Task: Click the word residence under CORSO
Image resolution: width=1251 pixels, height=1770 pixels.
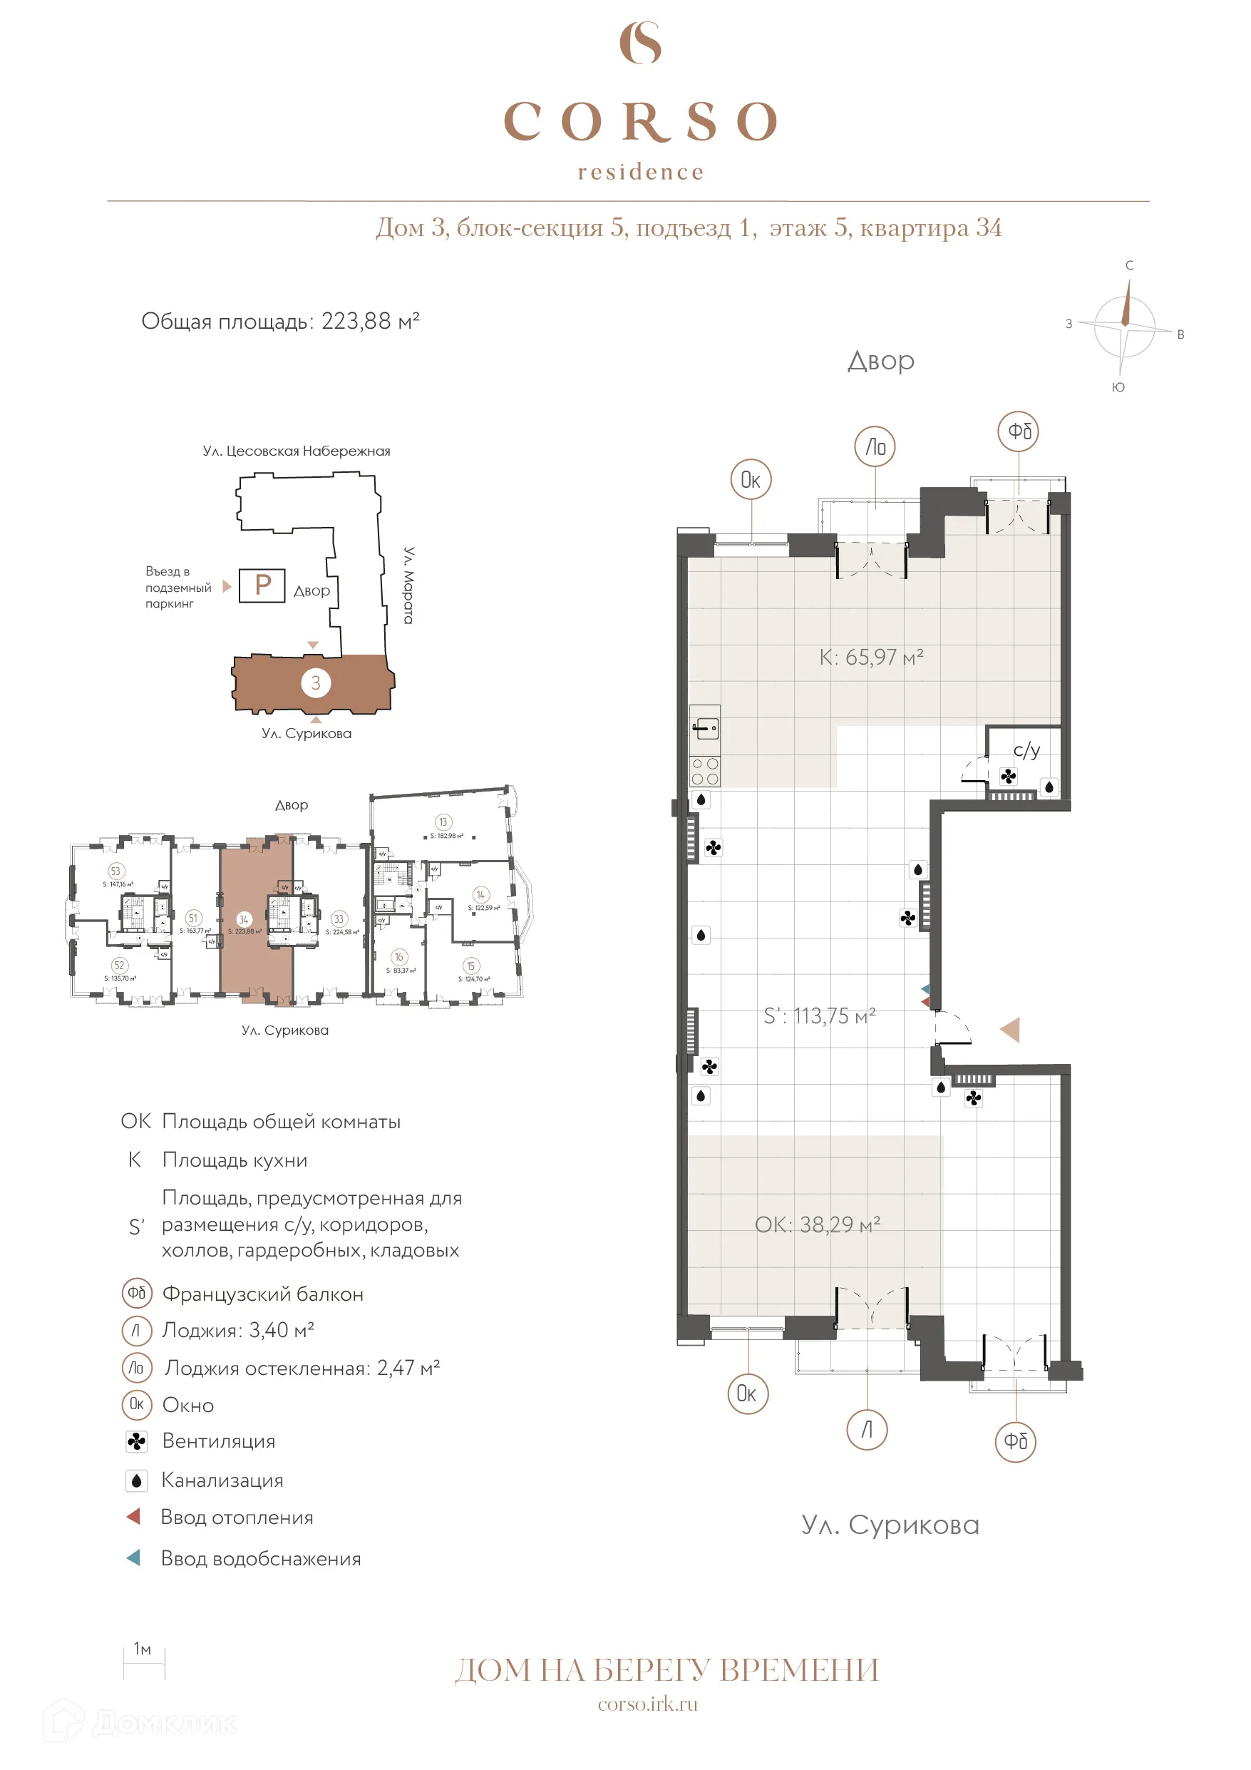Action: (641, 172)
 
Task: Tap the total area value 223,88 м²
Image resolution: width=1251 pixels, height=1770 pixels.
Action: (370, 321)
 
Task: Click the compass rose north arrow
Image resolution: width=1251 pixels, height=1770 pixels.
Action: (1126, 303)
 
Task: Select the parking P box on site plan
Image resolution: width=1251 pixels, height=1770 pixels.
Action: (262, 585)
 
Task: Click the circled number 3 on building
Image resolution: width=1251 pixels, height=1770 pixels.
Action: (315, 682)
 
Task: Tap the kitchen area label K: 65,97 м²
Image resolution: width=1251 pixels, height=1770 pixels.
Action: (871, 657)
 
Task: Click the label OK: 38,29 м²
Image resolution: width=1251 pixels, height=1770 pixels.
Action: (817, 1224)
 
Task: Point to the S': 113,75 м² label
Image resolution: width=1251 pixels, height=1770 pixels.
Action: (818, 1016)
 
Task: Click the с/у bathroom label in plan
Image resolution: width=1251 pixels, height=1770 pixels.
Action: (1026, 750)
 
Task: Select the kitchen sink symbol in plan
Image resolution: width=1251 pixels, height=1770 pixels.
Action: (705, 726)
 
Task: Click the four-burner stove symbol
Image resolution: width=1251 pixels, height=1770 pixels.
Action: (705, 771)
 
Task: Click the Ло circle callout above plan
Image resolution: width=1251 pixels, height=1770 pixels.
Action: (875, 446)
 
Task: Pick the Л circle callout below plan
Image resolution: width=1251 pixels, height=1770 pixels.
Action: (867, 1429)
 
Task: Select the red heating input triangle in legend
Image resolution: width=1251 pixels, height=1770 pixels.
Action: (133, 1516)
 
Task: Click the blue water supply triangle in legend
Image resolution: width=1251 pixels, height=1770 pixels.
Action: (133, 1558)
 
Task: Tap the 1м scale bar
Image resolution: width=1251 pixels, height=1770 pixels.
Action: (144, 1663)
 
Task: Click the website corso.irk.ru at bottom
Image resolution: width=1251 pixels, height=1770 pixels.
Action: (647, 1704)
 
